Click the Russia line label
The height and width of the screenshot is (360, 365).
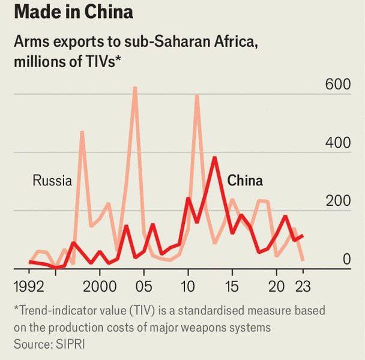tap(52, 181)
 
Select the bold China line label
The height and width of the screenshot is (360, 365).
tap(244, 181)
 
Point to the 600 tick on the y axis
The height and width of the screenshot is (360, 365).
tap(338, 85)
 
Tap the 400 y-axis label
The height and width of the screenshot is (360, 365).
tap(338, 143)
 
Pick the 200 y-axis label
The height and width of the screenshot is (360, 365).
tap(338, 202)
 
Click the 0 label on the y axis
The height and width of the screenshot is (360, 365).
tap(346, 259)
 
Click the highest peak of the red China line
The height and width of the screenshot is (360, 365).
tap(214, 158)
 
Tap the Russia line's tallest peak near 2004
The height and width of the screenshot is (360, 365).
tap(135, 88)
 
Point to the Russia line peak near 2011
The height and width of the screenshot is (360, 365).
tap(197, 95)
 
